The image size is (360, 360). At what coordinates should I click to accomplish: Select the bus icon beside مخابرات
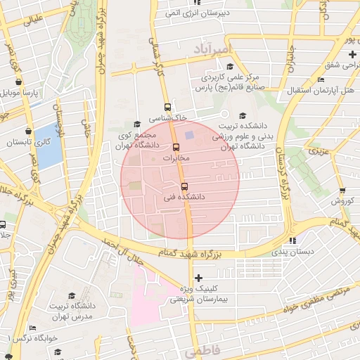(176, 148)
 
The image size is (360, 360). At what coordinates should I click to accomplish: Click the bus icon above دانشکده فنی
(184, 186)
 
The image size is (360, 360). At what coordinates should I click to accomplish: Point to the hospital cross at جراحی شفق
(352, 54)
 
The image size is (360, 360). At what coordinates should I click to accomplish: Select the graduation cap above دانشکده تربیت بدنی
(243, 116)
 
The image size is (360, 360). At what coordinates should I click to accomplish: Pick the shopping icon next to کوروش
(342, 191)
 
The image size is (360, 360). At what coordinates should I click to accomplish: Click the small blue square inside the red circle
(188, 134)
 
